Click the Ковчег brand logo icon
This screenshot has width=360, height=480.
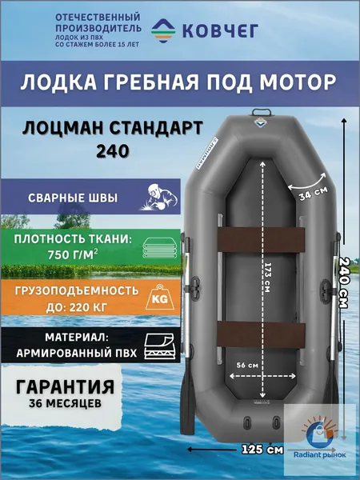pos(163,30)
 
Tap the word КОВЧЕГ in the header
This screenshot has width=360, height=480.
pos(220,30)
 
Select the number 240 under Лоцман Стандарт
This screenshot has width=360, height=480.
pos(112,151)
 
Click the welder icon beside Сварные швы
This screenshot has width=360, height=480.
pos(159,197)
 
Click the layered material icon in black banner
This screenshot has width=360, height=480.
pos(159,346)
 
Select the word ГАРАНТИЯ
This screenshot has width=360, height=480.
pos(66,386)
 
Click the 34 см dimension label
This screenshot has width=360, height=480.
pos(314,194)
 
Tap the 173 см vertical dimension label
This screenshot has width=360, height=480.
pos(267,277)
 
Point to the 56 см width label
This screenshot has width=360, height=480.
pos(247,366)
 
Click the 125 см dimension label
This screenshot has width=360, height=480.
pos(262,450)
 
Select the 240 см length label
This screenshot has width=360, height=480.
pos(343,283)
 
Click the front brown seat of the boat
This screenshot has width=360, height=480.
pos(261,240)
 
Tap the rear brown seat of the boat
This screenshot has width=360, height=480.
pos(262,334)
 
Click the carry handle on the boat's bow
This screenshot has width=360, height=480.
pos(261,112)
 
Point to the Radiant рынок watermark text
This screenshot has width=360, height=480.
pos(319,454)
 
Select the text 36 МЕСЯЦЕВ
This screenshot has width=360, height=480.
pos(66,403)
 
